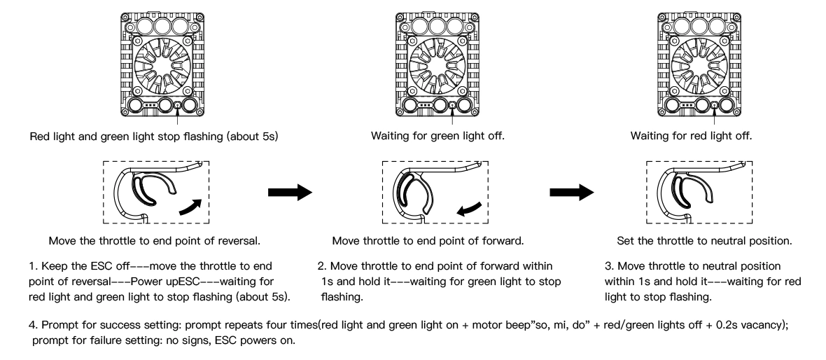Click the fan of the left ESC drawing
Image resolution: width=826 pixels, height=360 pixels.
point(162,66)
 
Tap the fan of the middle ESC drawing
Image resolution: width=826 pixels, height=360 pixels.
point(437,66)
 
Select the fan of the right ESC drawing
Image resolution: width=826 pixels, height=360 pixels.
point(699,66)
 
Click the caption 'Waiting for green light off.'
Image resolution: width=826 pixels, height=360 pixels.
point(437,136)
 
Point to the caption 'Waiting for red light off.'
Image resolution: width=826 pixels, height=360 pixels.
point(691,136)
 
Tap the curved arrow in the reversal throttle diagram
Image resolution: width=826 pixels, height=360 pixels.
point(190,207)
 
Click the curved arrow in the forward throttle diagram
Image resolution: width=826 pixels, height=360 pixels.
point(469,209)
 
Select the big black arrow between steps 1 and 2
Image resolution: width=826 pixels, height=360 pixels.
point(290,193)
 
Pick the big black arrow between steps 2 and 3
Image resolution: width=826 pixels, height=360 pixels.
point(572,193)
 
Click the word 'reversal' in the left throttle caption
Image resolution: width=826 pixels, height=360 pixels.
point(239,241)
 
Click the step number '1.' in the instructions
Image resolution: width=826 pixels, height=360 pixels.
point(33,267)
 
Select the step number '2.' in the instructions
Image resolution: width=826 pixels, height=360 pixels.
point(323,267)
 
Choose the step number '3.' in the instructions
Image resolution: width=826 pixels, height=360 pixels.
point(610,267)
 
